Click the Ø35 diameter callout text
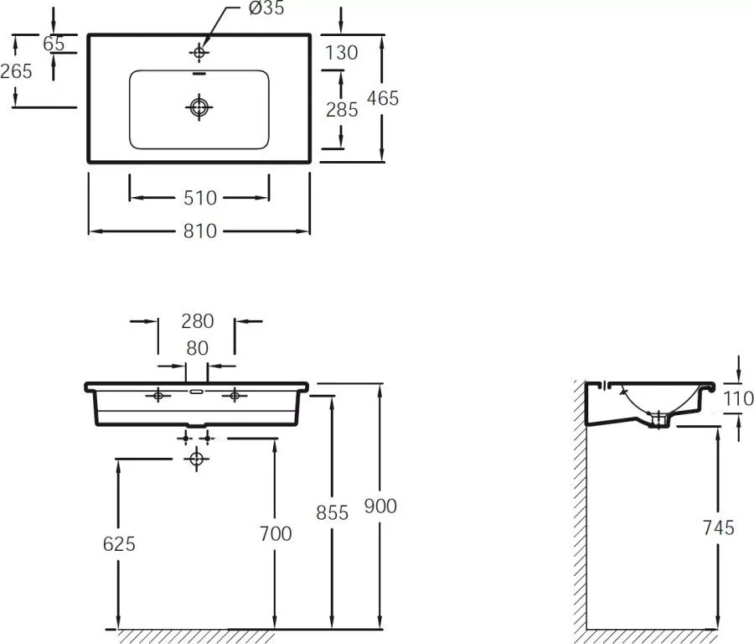click(x=267, y=8)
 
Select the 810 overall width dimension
click(x=200, y=231)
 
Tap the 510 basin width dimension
click(x=200, y=198)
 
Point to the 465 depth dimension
click(x=383, y=98)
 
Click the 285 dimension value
click(x=342, y=110)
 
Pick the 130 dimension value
click(x=342, y=53)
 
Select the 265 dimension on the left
click(x=17, y=71)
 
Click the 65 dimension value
click(x=54, y=44)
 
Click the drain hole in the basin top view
click(x=199, y=106)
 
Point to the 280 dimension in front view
click(x=197, y=321)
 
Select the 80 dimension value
click(x=197, y=348)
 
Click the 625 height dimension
click(x=119, y=544)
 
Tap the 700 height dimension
click(x=276, y=533)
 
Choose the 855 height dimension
click(x=333, y=512)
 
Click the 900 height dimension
click(x=380, y=506)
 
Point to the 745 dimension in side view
click(x=719, y=528)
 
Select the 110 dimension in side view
click(x=738, y=398)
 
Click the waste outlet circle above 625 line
click(x=196, y=459)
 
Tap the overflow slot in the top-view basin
click(x=199, y=74)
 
